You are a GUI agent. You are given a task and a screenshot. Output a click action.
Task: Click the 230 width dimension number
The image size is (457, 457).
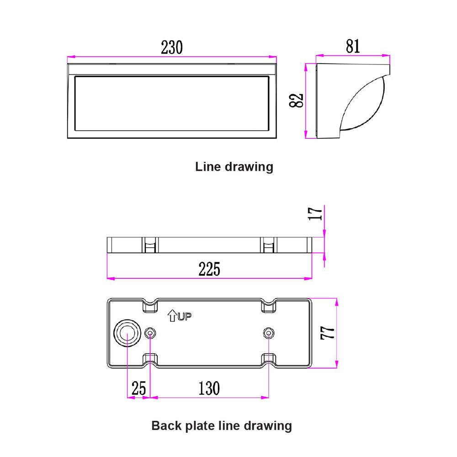(172, 47)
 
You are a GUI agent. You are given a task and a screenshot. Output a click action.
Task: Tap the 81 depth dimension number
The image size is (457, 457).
(353, 46)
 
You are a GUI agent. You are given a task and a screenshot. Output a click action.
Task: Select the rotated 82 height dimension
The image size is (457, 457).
(297, 101)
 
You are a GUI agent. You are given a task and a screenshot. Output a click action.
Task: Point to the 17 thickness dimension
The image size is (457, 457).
(315, 213)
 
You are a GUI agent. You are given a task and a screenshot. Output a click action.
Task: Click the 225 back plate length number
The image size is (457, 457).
(209, 269)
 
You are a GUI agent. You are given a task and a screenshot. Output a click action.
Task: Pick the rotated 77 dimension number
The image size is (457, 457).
(327, 333)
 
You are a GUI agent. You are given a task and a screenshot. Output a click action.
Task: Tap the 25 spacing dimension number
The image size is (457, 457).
(138, 388)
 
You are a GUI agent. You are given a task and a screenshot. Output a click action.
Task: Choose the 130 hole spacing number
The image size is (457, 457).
(209, 388)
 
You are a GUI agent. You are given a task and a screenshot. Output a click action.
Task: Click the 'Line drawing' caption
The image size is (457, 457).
(234, 167)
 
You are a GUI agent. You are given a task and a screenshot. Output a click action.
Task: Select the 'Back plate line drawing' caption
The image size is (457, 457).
(222, 426)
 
